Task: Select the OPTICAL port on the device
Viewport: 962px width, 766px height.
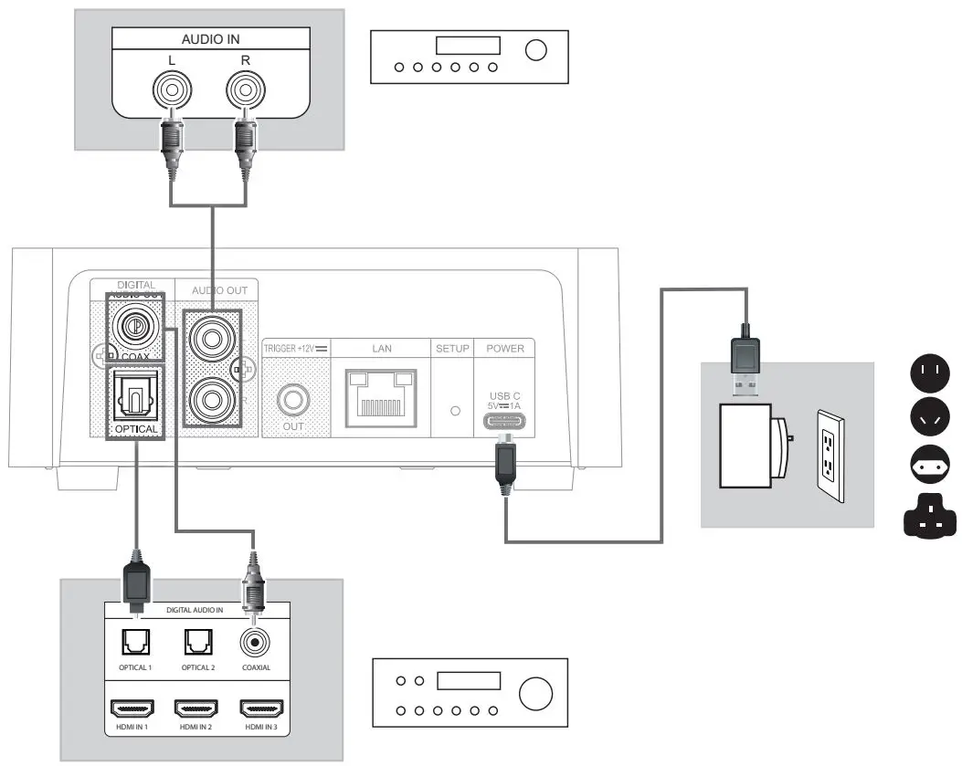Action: (135, 396)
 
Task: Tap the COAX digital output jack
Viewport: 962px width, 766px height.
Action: (134, 326)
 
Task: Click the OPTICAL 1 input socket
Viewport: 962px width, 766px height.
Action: (137, 645)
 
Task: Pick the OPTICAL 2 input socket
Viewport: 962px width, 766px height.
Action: (197, 645)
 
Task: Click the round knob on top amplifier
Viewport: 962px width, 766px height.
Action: (536, 50)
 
